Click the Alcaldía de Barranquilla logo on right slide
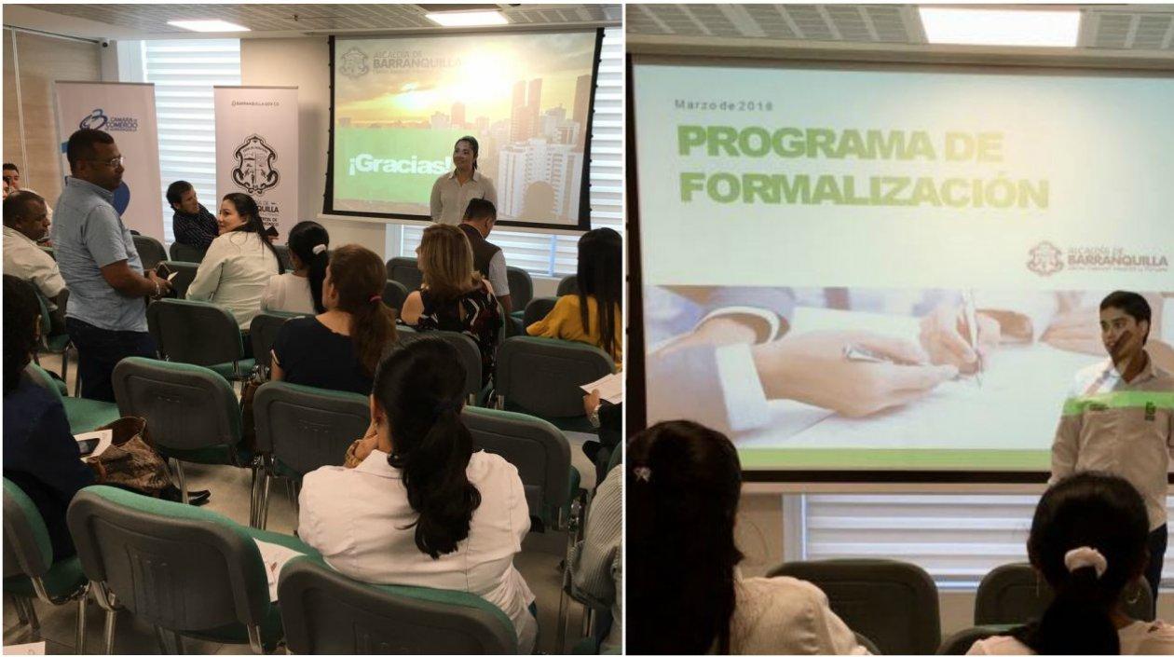click(x=1098, y=258)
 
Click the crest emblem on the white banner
click(x=254, y=164)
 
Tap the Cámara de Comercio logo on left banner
click(x=108, y=122)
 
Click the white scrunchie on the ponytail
click(x=1085, y=560)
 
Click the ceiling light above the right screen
click(x=1000, y=26)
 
